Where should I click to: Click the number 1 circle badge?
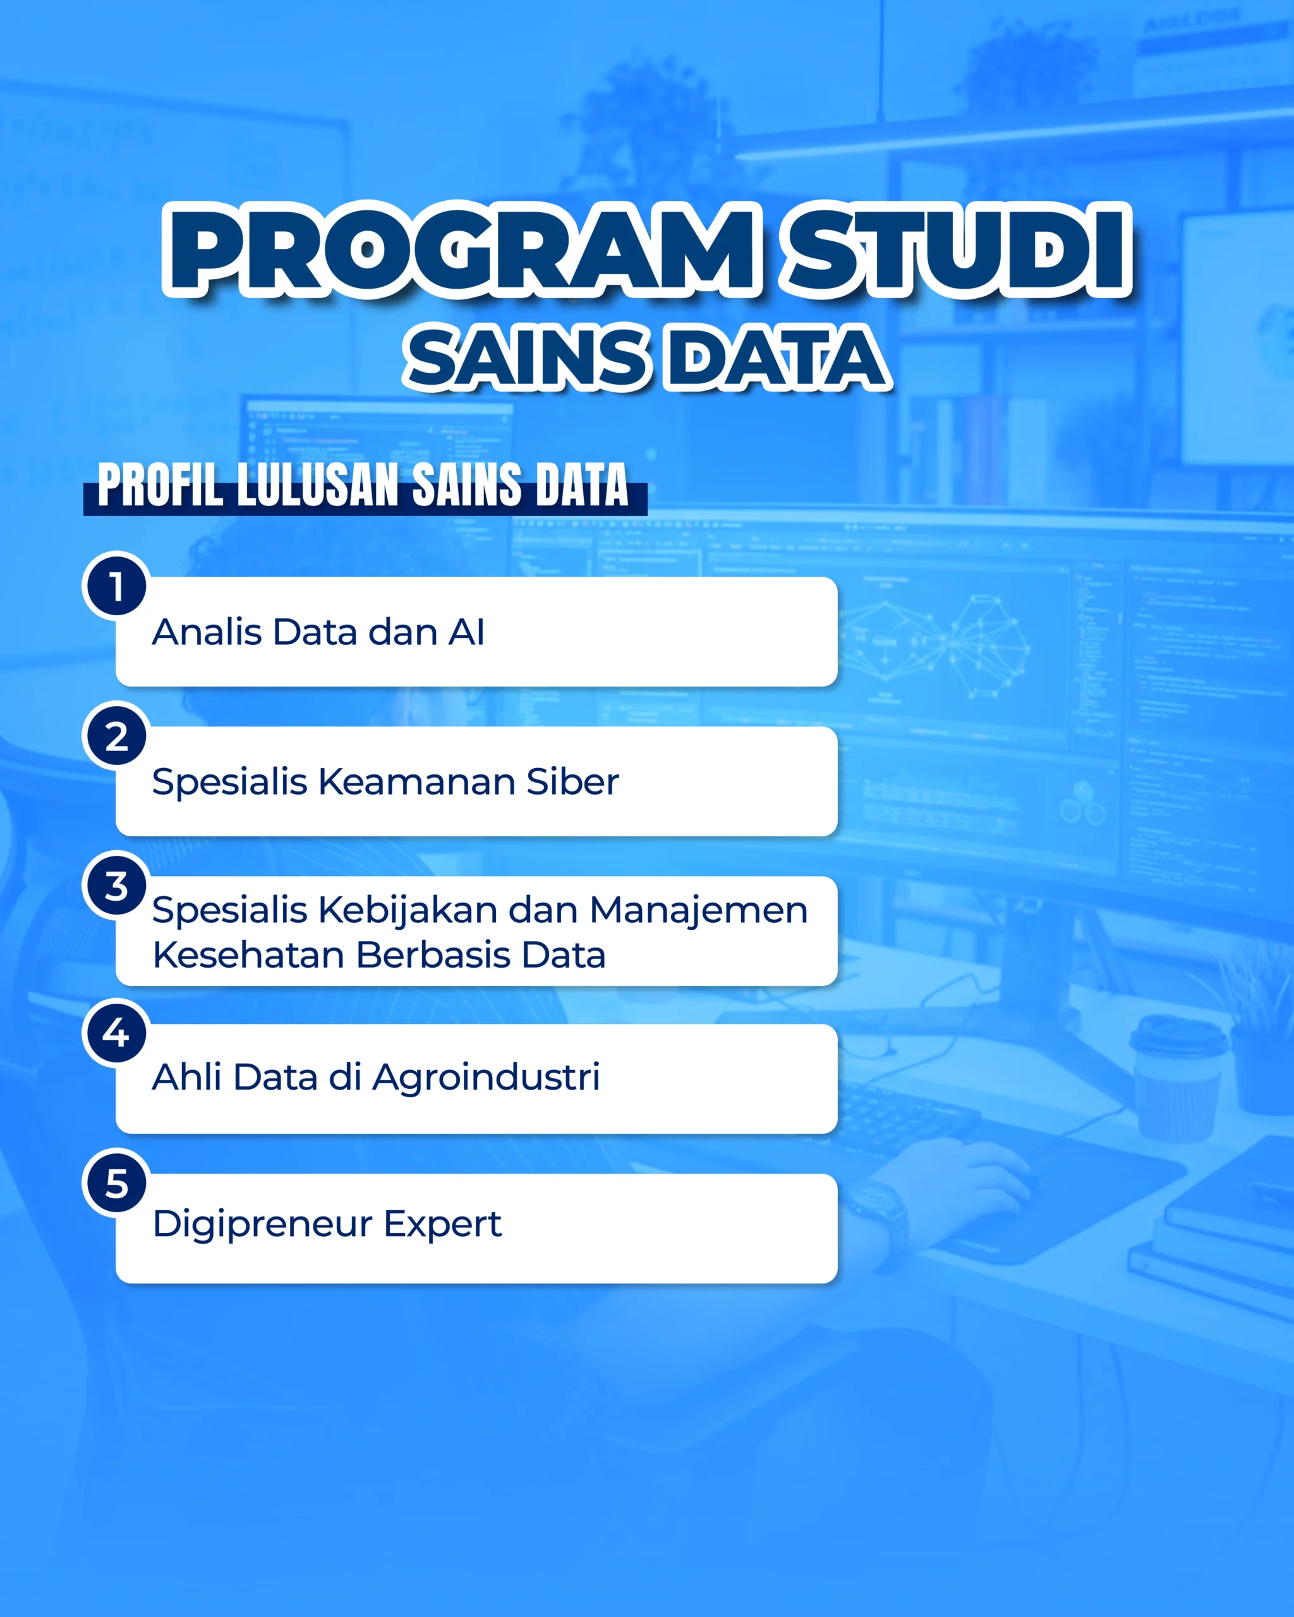(116, 586)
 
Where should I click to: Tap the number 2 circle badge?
(116, 736)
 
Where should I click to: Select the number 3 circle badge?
(116, 885)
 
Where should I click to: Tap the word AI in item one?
(466, 632)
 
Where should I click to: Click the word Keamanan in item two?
(416, 781)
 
